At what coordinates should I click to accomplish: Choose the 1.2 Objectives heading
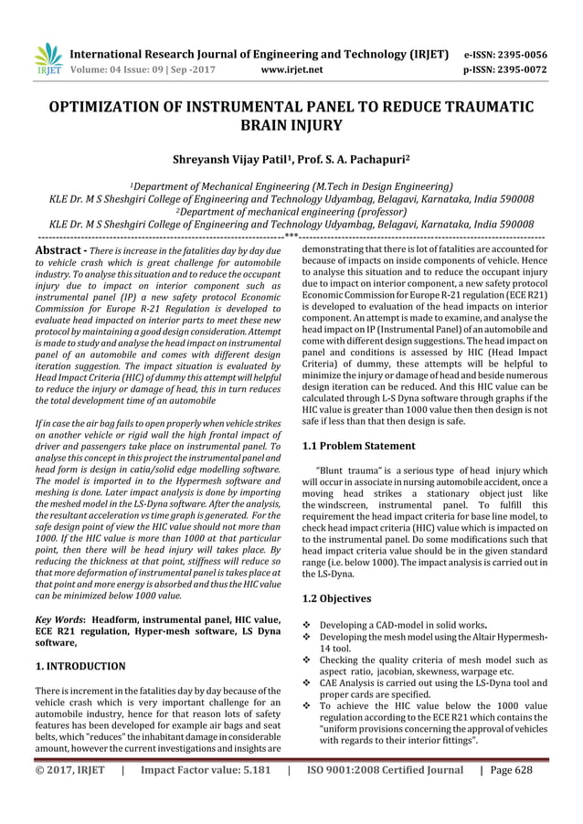335,598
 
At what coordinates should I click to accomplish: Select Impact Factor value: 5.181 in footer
205,795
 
